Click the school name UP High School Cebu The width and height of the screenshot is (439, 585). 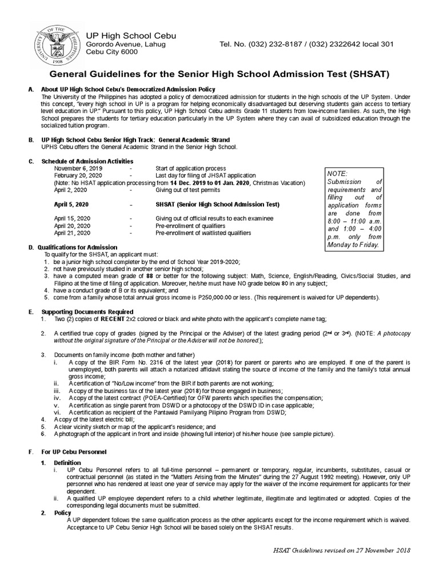[x=131, y=36]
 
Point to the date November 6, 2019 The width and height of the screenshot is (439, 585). [x=78, y=169]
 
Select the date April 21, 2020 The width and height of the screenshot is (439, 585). [x=72, y=233]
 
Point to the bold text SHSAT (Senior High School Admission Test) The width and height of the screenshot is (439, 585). [x=217, y=204]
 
